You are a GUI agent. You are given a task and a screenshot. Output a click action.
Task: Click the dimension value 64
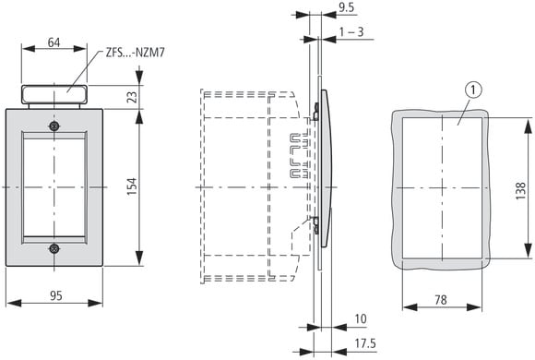point(53,42)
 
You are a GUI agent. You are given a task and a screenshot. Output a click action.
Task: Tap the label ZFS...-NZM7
point(135,53)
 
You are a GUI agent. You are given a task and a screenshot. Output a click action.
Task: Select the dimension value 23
point(133,97)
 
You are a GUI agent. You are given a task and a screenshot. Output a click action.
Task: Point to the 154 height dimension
point(132,186)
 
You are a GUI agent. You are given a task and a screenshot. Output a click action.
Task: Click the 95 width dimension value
point(56,295)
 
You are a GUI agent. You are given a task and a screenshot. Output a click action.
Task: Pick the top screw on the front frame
point(53,126)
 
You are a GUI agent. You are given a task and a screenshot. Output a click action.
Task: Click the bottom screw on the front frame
point(53,248)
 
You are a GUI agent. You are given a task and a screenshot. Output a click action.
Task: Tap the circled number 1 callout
point(473,90)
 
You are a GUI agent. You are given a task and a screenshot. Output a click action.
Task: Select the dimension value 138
point(520,190)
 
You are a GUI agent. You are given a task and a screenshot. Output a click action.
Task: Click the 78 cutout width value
point(441,300)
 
